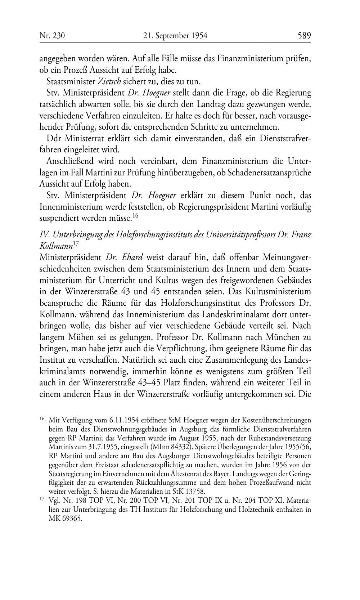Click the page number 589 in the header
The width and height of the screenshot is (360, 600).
click(x=304, y=36)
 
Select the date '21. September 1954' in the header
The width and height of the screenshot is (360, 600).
click(x=175, y=36)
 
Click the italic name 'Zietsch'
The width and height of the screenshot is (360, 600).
click(x=109, y=81)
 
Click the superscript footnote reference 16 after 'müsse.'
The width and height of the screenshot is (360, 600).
click(x=135, y=216)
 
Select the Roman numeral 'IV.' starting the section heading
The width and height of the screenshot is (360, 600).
click(x=44, y=234)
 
